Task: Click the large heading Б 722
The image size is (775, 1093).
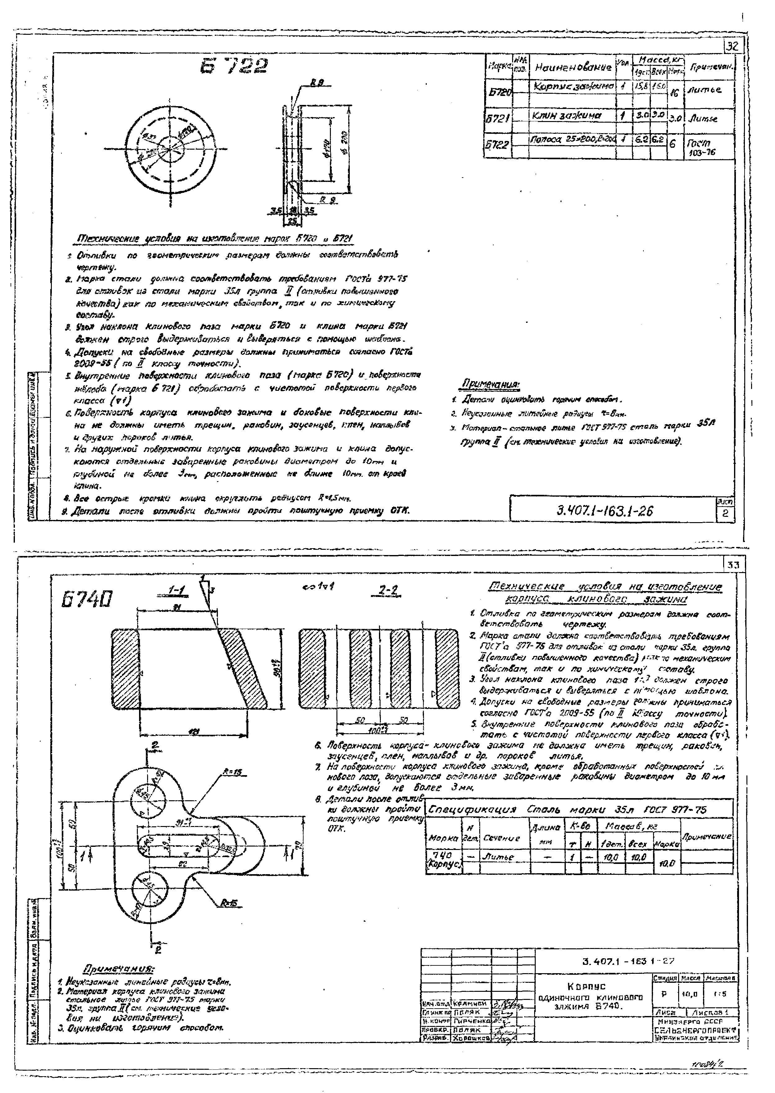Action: (234, 67)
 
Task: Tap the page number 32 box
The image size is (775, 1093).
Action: (732, 46)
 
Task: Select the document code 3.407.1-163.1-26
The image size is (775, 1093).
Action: (605, 511)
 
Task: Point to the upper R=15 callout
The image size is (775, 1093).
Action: (232, 772)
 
